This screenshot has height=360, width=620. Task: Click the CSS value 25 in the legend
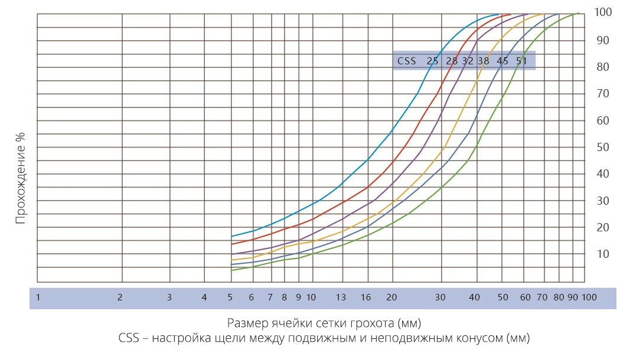click(433, 61)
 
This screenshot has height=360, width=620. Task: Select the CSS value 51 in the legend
click(521, 61)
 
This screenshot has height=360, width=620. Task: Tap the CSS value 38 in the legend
click(484, 61)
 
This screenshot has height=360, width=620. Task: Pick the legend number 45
click(502, 61)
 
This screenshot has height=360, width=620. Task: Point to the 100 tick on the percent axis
click(603, 12)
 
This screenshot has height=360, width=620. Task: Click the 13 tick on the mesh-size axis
click(341, 297)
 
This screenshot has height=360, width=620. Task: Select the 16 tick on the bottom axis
click(366, 297)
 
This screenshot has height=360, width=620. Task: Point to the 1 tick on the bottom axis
click(38, 297)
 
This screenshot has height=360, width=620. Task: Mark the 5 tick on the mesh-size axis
click(230, 297)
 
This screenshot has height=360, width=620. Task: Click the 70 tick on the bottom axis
click(542, 297)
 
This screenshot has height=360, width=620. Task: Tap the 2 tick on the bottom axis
click(120, 297)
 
